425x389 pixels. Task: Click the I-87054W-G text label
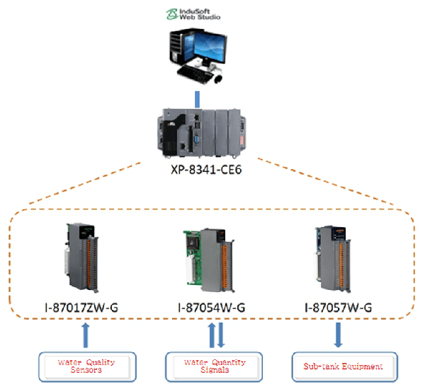click(x=211, y=308)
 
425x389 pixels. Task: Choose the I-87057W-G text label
click(x=336, y=308)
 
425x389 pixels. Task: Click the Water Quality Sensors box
click(x=86, y=366)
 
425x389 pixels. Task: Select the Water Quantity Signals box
click(x=214, y=366)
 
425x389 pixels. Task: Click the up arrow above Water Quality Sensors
click(x=86, y=335)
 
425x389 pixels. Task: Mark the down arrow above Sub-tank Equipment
click(x=337, y=335)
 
